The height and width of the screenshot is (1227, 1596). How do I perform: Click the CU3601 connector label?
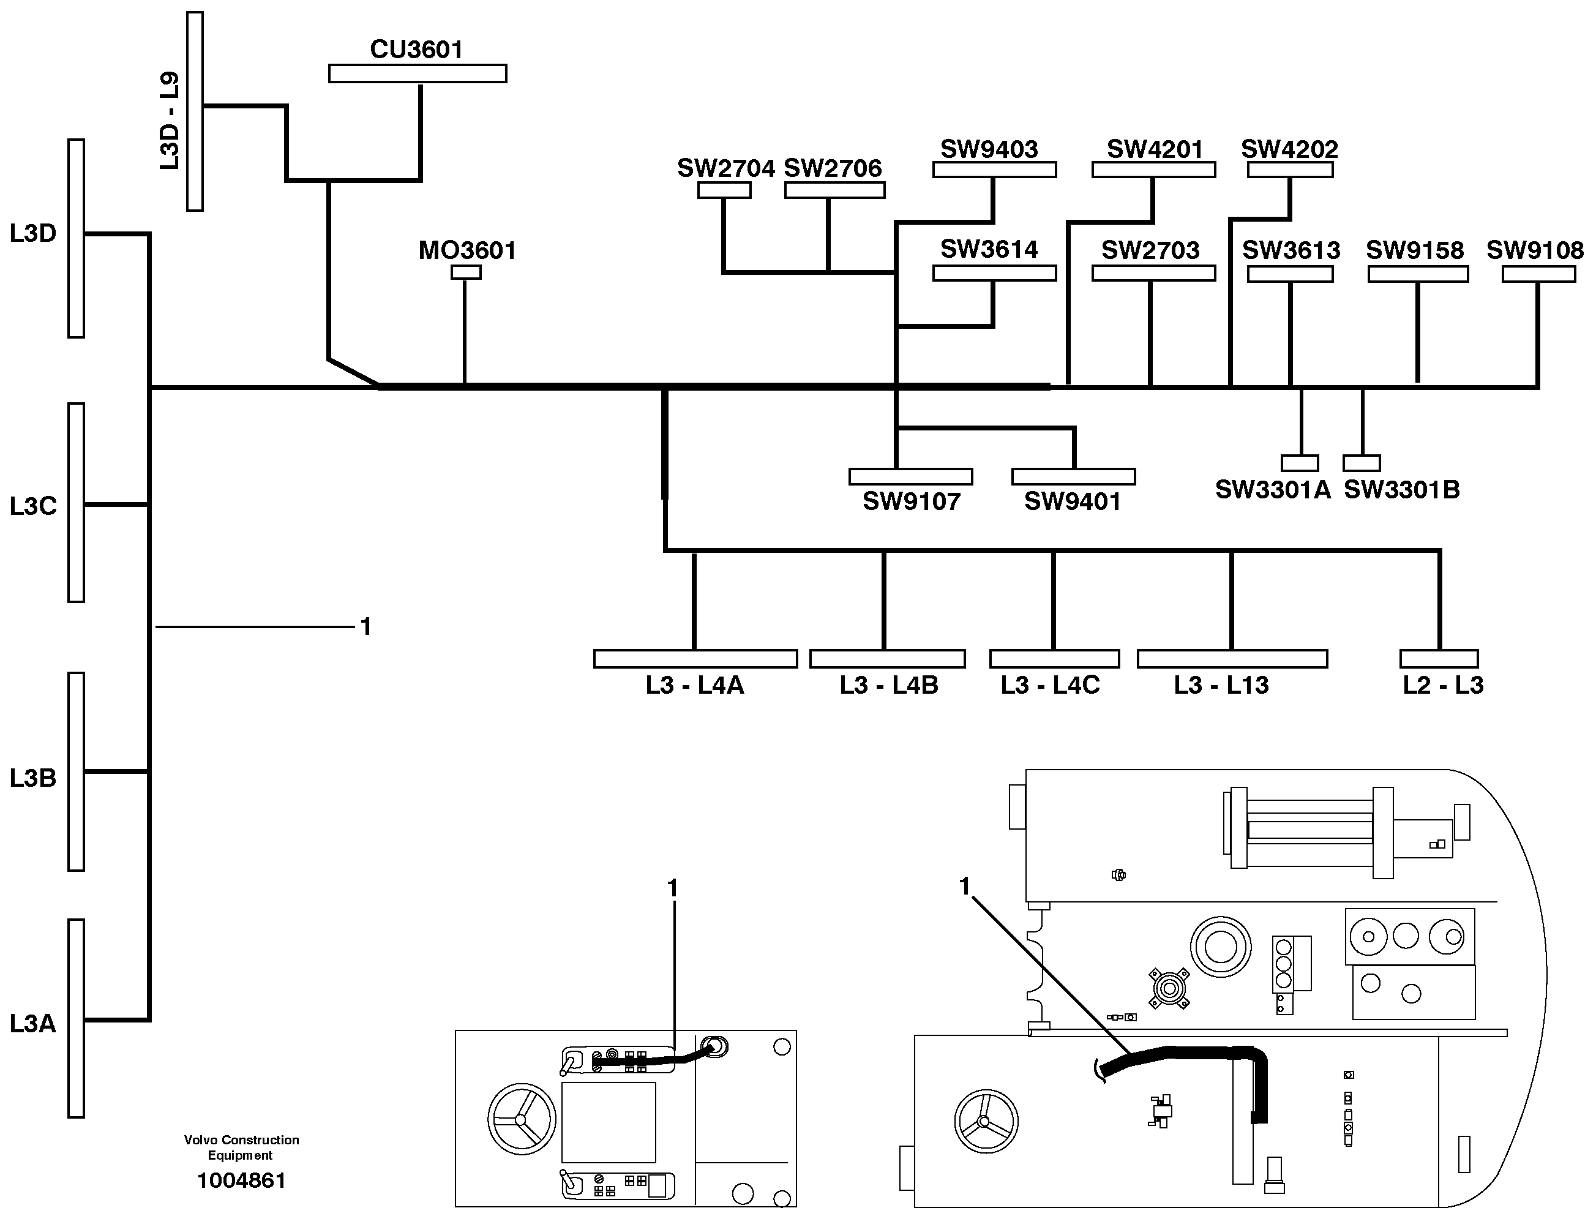[x=416, y=50]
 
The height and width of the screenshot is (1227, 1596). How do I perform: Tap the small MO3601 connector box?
[x=466, y=272]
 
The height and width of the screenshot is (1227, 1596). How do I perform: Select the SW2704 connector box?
[x=724, y=190]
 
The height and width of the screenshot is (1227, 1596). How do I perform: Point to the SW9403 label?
[x=989, y=149]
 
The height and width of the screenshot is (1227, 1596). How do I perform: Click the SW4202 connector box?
[x=1290, y=170]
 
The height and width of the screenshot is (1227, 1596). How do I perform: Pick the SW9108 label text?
[x=1535, y=250]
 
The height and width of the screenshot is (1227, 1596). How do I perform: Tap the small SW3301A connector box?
[x=1300, y=463]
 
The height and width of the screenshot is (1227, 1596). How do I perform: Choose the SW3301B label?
[x=1401, y=489]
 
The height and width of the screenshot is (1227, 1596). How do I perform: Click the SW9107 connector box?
[x=910, y=477]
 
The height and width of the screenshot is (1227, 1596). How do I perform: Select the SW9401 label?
[x=1072, y=501]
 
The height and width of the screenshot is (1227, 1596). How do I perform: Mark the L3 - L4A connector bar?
[x=695, y=659]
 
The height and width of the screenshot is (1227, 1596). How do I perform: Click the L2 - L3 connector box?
[x=1438, y=659]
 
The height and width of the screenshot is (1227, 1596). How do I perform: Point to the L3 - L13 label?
[x=1221, y=685]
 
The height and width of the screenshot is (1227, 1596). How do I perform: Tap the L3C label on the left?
[x=33, y=505]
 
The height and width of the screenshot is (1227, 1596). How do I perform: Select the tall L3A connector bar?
[x=76, y=1018]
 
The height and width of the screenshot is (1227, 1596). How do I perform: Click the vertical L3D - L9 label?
[x=170, y=121]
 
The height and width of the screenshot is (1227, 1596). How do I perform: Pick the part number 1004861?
[x=242, y=1180]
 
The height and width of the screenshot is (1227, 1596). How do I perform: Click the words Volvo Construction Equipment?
[x=241, y=1147]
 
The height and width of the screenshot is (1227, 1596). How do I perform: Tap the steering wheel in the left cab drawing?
[x=522, y=1119]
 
